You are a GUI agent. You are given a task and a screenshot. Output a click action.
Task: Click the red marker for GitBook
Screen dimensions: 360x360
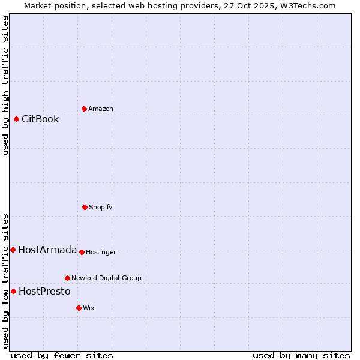[x=16, y=119]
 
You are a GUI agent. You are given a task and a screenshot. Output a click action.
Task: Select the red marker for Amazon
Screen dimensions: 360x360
[x=84, y=109]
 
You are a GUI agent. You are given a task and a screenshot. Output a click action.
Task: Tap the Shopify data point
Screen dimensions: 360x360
[x=85, y=207]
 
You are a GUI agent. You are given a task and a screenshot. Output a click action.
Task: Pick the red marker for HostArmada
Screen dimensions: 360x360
[x=13, y=250]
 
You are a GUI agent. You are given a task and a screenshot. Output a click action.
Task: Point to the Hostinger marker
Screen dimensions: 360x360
[x=82, y=252]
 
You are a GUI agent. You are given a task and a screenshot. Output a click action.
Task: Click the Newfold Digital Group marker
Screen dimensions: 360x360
[x=67, y=278]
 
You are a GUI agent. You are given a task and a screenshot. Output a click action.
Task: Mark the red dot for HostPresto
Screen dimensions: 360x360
[x=13, y=291]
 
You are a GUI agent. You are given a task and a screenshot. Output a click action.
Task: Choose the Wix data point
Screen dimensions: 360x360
[x=79, y=308]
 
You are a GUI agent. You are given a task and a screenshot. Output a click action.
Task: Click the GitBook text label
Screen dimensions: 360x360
[x=40, y=119]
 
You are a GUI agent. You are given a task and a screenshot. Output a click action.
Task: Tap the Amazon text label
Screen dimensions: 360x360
[x=101, y=109]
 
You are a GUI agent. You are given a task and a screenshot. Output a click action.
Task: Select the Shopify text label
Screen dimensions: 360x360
[x=101, y=207]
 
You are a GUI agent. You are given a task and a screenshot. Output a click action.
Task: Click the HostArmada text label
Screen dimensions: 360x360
[x=47, y=250]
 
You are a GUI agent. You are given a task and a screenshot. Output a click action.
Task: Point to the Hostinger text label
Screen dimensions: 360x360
[x=101, y=252]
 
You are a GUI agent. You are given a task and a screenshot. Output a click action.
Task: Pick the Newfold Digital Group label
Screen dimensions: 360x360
[x=106, y=278]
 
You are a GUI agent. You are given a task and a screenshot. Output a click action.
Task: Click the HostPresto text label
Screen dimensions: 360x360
[x=44, y=291]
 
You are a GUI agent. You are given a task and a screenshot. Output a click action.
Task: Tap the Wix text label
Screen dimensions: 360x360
[x=89, y=308]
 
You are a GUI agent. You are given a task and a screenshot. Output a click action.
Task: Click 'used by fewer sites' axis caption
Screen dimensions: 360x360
[x=62, y=355]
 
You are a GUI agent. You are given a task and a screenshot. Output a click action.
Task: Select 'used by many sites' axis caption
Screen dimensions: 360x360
[x=301, y=355]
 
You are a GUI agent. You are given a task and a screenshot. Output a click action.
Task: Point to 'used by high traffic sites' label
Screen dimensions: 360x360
[x=5, y=85]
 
